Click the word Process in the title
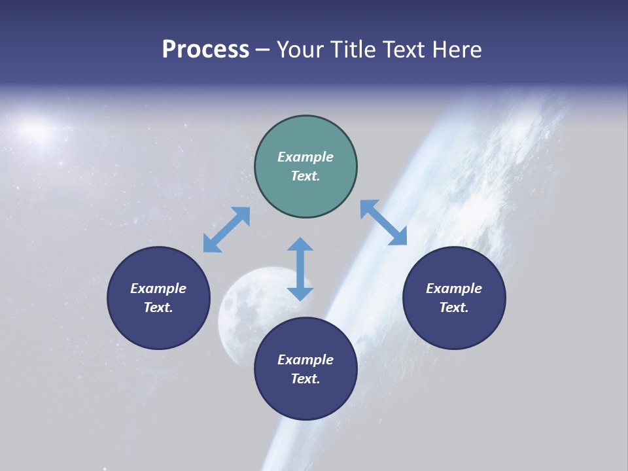(205, 50)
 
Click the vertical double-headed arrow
(300, 269)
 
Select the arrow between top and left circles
(226, 230)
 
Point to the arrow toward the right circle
(383, 222)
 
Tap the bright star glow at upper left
(37, 128)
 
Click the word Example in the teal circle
(305, 157)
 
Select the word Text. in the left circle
(158, 307)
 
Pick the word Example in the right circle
(454, 288)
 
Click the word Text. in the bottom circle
(305, 379)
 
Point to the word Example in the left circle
(158, 288)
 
